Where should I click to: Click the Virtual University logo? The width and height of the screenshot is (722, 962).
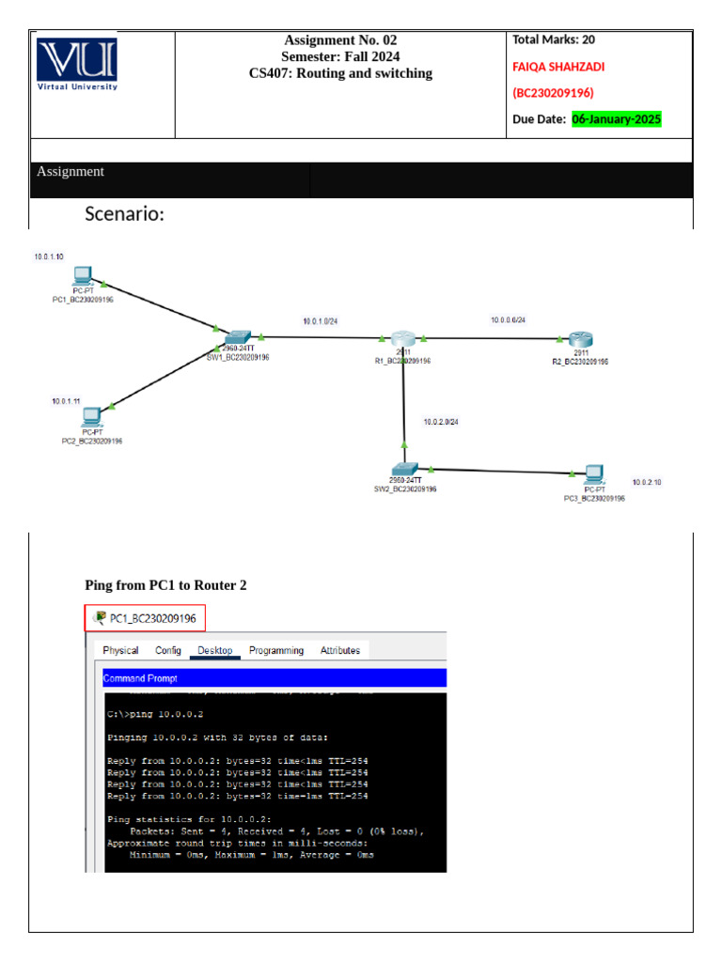coord(77,64)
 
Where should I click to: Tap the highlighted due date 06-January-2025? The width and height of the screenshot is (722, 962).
coord(617,119)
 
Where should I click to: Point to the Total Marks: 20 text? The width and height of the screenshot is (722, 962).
coord(554,39)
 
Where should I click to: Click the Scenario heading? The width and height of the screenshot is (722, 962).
coord(125,214)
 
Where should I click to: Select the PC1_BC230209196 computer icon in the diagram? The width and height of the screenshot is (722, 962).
coord(83,276)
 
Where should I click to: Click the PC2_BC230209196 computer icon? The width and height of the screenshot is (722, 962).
coord(91,416)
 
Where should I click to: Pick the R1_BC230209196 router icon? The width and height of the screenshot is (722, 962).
coord(403,339)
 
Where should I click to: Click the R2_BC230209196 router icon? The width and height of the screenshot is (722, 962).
coord(580,340)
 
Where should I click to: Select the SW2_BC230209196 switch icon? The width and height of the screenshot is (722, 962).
coord(404,469)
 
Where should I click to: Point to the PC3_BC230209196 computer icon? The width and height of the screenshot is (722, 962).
coord(592,473)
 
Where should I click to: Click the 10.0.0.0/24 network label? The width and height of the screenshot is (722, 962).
coord(508,320)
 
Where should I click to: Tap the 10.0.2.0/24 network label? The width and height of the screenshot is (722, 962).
coord(441,422)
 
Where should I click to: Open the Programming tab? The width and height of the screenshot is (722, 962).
coord(276,650)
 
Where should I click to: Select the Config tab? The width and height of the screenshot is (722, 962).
coord(168,650)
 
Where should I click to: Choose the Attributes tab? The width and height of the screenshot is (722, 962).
coord(340,650)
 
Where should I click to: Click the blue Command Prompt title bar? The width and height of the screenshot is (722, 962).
coord(274,678)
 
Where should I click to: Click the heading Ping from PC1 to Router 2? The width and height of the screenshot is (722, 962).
coord(165,585)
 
